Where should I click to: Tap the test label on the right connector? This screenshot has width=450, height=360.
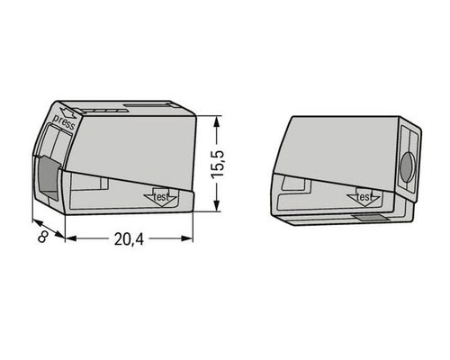(364, 195)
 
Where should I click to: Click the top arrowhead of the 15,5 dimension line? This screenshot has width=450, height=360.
(220, 120)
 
